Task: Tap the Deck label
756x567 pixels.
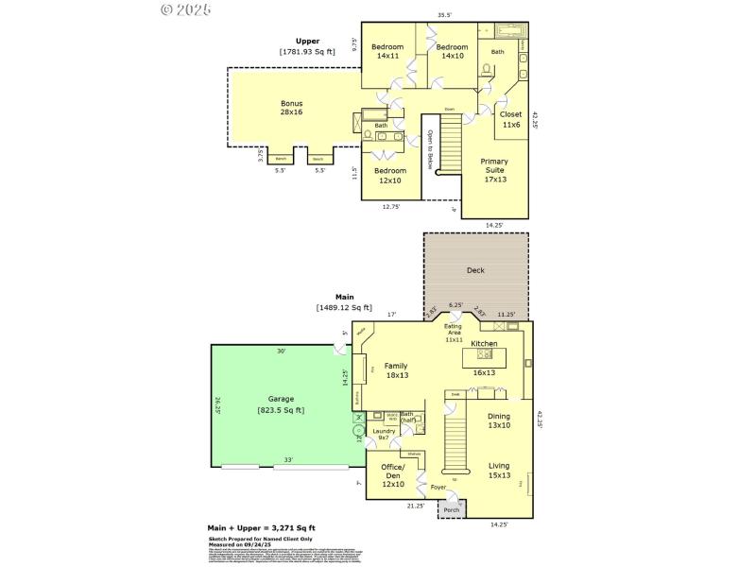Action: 475,270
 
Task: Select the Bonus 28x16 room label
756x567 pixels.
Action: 291,108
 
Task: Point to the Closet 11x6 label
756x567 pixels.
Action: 510,119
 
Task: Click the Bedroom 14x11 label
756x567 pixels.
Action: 387,52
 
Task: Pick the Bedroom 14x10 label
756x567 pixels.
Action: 452,52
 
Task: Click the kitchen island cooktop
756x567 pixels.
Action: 486,354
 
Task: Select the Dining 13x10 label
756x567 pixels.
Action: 498,421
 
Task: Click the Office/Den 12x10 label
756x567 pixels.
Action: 392,475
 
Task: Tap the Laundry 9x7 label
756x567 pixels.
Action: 384,435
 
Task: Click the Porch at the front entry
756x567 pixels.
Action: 452,510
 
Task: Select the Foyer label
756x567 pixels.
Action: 438,488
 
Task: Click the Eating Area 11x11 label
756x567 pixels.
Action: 455,332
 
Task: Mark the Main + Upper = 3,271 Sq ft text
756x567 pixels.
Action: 261,527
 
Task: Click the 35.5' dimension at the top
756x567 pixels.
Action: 444,14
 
